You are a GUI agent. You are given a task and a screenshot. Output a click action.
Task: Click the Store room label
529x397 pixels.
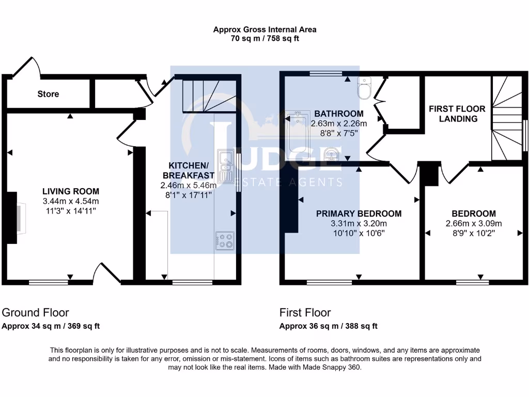pyautogui.click(x=48, y=94)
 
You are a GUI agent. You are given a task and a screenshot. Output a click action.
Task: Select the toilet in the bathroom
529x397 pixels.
pyautogui.click(x=365, y=88)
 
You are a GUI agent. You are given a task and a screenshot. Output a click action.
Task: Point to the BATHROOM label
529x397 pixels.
pyautogui.click(x=338, y=114)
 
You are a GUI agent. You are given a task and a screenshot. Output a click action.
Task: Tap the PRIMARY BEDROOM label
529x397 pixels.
pyautogui.click(x=359, y=213)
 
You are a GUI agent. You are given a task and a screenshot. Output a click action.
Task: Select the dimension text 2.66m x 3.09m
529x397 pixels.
pyautogui.click(x=473, y=223)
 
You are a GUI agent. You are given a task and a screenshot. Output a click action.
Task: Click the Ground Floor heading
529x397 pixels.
pyautogui.click(x=36, y=312)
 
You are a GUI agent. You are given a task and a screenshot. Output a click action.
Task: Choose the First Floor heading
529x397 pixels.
pyautogui.click(x=305, y=312)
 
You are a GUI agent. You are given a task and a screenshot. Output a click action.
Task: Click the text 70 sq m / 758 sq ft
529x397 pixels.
pyautogui.click(x=264, y=38)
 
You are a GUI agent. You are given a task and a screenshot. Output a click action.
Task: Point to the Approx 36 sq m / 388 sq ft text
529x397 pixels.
pyautogui.click(x=328, y=326)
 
